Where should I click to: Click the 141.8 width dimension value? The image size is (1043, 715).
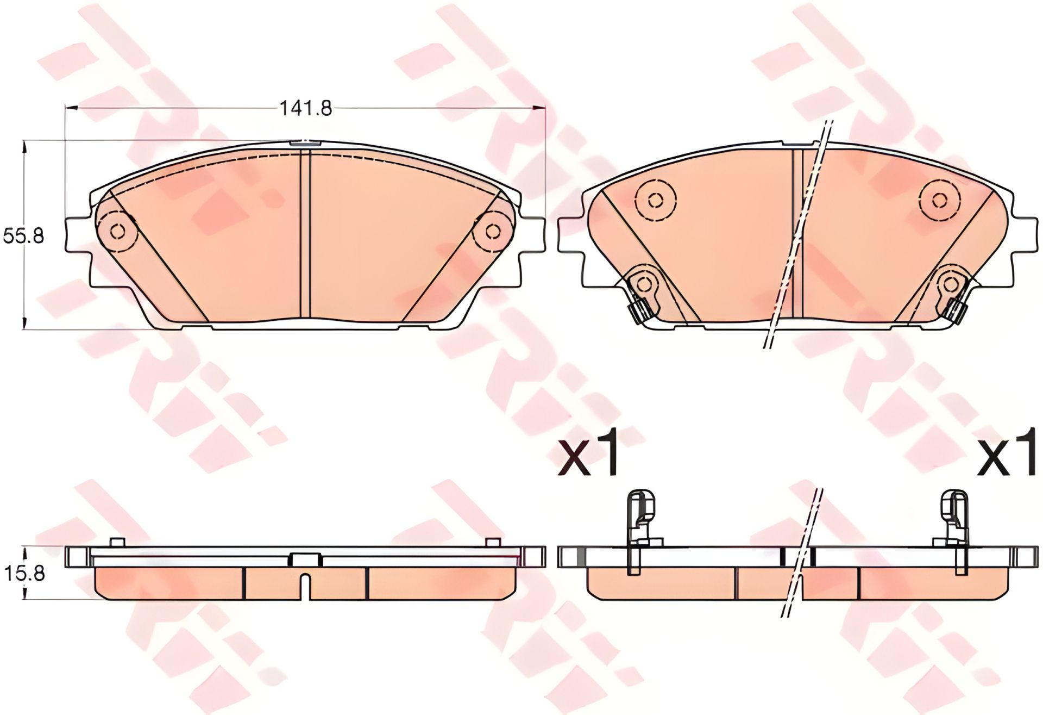coord(306,108)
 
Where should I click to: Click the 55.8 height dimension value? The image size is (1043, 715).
coord(23,236)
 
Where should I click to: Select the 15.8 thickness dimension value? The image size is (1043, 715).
coord(23,573)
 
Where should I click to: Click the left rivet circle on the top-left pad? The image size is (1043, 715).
coord(116,231)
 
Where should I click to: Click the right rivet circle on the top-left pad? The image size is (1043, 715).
coord(493,231)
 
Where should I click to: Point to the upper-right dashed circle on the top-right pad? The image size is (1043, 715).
coord(939,199)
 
